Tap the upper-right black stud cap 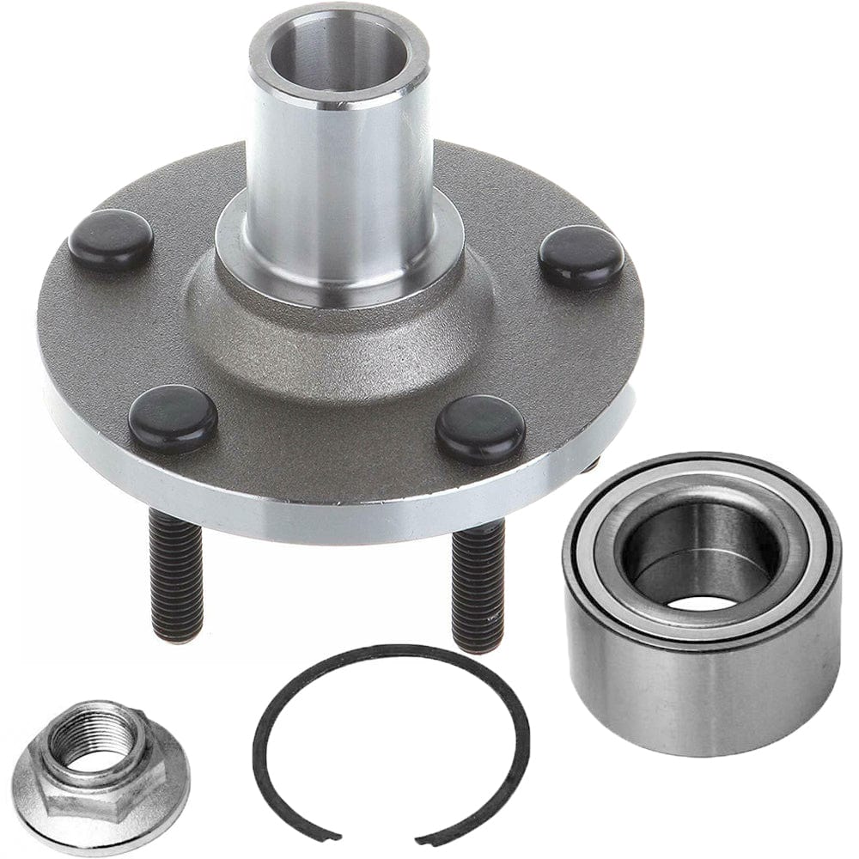(x=582, y=256)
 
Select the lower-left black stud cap (x=173, y=418)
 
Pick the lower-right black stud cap (x=480, y=429)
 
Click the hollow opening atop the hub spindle (x=339, y=52)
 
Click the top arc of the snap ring (x=387, y=650)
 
